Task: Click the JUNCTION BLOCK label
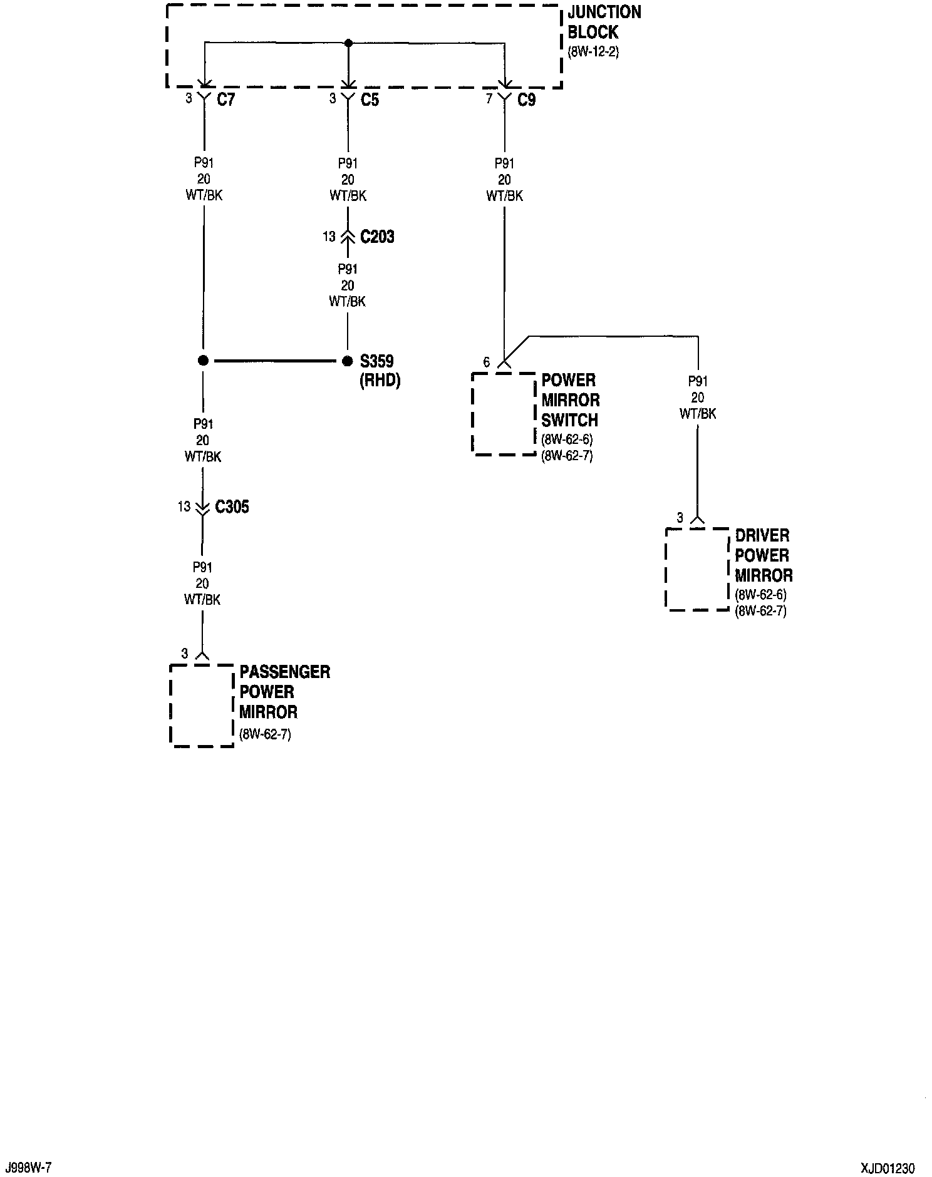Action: pos(604,22)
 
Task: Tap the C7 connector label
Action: pos(225,100)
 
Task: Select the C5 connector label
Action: pos(370,100)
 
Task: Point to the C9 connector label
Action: pos(526,100)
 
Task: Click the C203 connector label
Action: pos(377,237)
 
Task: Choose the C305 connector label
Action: pos(232,506)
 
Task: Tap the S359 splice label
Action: pos(376,361)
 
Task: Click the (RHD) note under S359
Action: pos(380,380)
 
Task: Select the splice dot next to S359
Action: pos(348,361)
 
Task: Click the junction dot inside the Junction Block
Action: pos(349,43)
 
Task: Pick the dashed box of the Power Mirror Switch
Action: pos(503,414)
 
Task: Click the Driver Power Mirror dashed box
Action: pos(697,569)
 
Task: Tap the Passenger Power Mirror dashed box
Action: pos(202,706)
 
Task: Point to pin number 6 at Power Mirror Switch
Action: pos(487,362)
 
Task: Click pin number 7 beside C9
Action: pos(489,99)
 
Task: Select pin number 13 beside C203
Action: pos(329,237)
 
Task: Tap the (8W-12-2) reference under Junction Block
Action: pos(593,52)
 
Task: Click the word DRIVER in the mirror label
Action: pos(762,535)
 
